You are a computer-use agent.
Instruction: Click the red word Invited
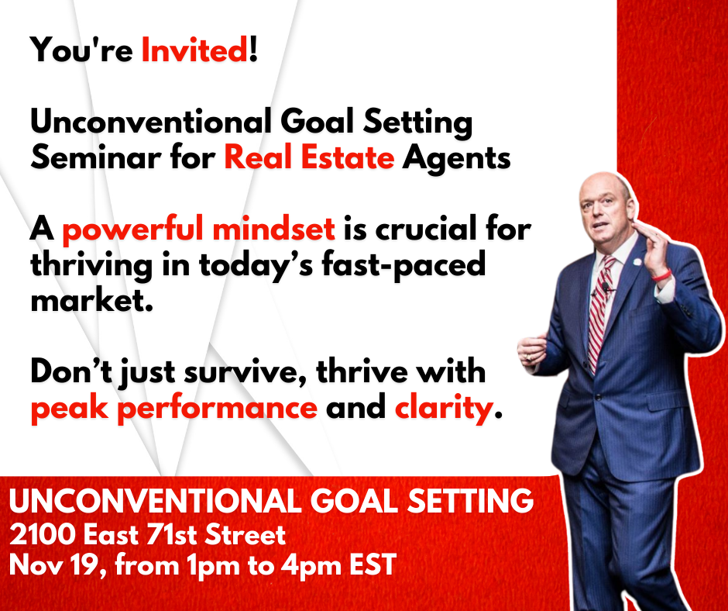pos(194,50)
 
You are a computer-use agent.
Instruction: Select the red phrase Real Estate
pos(309,157)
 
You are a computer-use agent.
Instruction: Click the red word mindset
pos(274,228)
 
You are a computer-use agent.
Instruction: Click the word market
pos(92,300)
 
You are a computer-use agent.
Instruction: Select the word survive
pos(245,372)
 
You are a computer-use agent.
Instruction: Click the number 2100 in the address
pos(43,535)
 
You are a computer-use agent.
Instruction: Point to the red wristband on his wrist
pos(661,275)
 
